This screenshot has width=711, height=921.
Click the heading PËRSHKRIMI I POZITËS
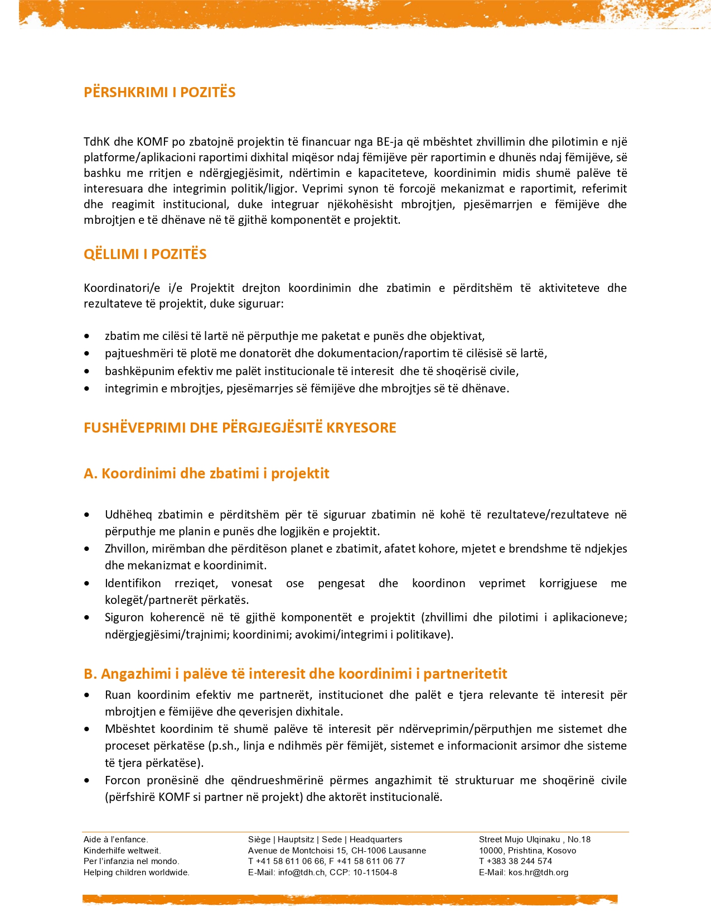point(159,92)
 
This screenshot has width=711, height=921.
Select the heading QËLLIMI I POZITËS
point(145,254)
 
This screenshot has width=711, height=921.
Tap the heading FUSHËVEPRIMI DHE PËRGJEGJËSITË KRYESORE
point(240,428)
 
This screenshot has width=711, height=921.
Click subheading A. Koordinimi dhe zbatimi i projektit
point(206,473)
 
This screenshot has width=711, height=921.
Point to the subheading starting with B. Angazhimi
point(295,674)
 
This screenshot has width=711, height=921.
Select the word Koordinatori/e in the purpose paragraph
point(122,288)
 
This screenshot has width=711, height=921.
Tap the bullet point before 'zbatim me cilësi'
point(86,337)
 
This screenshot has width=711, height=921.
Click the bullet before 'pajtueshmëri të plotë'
point(86,354)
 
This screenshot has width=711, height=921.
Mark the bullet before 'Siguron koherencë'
point(86,618)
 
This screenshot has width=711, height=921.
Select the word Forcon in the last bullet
point(123,780)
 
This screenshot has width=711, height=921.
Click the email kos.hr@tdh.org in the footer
point(538,872)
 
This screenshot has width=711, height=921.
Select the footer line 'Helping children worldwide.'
point(137,872)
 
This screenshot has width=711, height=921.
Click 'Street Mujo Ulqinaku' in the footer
point(519,840)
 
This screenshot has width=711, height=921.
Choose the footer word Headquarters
point(376,840)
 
